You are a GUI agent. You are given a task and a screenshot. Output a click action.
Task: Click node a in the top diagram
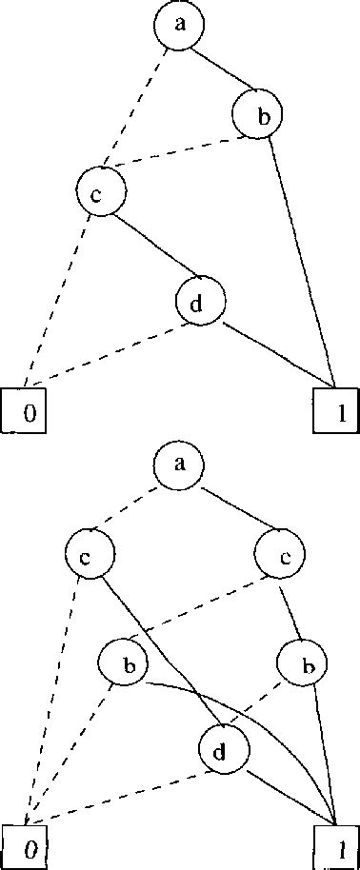pyautogui.click(x=179, y=26)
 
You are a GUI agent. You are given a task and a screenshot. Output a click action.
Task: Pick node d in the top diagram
pyautogui.click(x=201, y=304)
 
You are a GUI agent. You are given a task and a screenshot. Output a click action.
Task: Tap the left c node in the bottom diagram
pyautogui.click(x=90, y=555)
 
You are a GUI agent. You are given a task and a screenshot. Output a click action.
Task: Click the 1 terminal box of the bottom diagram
pyautogui.click(x=336, y=843)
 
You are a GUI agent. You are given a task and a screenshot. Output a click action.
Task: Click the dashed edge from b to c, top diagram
pyautogui.click(x=181, y=151)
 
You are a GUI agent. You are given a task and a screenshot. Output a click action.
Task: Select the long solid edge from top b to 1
pyautogui.click(x=303, y=257)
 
